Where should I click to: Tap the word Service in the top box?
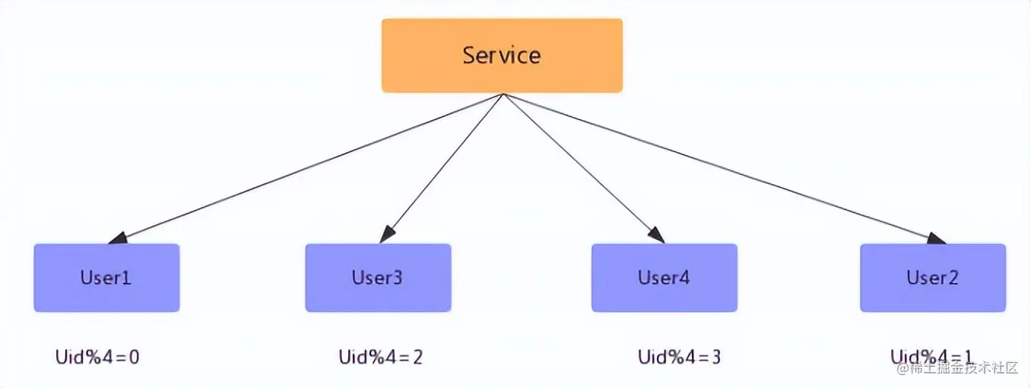point(502,56)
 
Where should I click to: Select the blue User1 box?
point(106,278)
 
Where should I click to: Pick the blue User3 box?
point(378,278)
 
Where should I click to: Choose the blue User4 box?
point(664,278)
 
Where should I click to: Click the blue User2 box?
point(932,278)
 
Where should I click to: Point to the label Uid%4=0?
point(97,357)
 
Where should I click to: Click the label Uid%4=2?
point(380,356)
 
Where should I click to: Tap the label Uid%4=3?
point(679,356)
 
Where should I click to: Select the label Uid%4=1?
point(932,356)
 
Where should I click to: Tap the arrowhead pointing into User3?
point(387,235)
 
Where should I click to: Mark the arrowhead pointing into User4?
point(657,236)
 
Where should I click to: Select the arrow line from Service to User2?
point(722,167)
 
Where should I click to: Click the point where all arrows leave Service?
point(503,94)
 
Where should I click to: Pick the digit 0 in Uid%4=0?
point(134,357)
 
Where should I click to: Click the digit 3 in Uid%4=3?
point(715,356)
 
